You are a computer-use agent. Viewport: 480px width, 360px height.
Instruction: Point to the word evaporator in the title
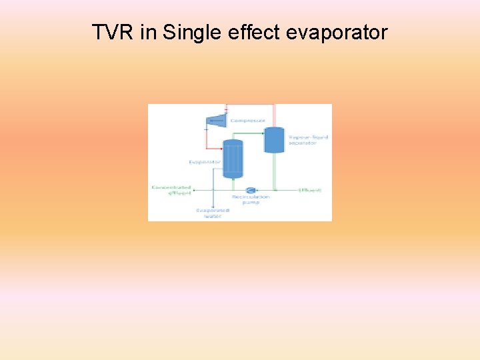[x=337, y=32]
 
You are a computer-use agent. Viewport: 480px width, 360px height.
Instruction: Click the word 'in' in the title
[x=148, y=32]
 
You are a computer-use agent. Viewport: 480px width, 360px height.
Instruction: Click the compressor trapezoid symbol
[x=217, y=120]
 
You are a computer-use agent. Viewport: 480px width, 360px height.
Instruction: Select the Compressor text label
[x=247, y=121]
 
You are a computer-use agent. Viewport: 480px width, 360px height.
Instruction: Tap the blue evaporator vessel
[x=233, y=159]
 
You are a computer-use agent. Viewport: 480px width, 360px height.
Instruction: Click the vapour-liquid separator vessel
[x=274, y=139]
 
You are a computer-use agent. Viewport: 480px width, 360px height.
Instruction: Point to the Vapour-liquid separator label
[x=308, y=140]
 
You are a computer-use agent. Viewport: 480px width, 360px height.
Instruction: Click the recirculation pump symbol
[x=251, y=190]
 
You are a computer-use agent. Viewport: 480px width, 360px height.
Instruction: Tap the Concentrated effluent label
[x=171, y=191]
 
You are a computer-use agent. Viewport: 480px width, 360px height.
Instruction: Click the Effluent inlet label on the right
[x=311, y=191]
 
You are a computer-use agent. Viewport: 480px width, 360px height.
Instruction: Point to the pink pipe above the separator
[x=274, y=113]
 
